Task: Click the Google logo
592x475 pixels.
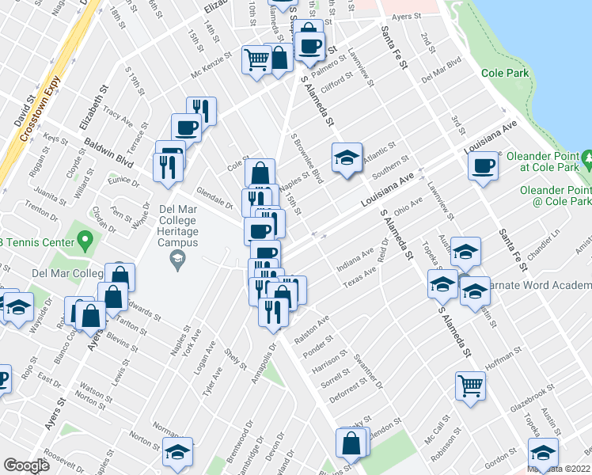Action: tap(26, 465)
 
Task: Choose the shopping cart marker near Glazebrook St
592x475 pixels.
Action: tap(470, 386)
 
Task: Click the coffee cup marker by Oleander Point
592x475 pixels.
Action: tap(483, 166)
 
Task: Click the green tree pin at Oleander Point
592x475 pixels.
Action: tap(586, 161)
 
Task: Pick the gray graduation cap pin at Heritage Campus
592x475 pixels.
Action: tap(178, 260)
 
